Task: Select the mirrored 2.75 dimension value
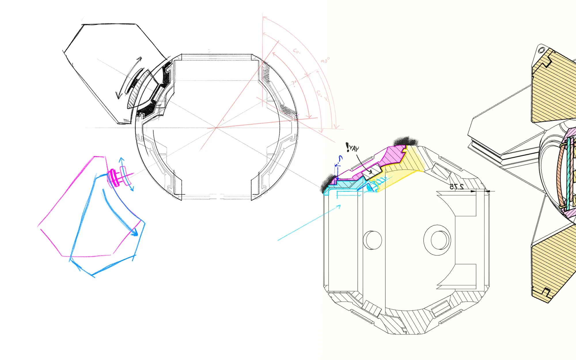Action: coord(457,187)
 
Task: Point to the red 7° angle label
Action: coord(294,84)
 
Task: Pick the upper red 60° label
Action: coord(297,52)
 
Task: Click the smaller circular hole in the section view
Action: coord(372,240)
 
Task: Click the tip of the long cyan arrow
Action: coord(340,206)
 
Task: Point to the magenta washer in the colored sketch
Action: coord(113,178)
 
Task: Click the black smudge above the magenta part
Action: coord(406,141)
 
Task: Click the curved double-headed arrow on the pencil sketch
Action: coord(128,78)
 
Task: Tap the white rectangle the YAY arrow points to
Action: coord(372,172)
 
